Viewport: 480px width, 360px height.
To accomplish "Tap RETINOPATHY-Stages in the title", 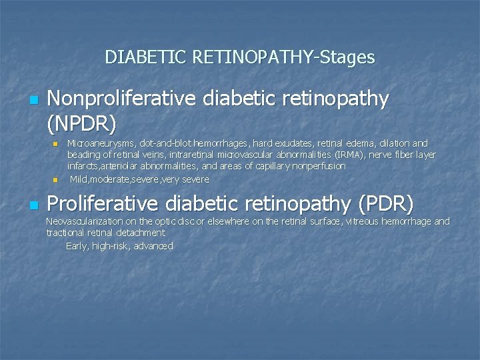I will [283, 57].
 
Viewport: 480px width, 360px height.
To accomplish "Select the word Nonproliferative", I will [122, 99].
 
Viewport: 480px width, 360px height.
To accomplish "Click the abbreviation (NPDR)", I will [82, 123].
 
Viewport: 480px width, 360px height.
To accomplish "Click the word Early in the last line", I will [77, 246].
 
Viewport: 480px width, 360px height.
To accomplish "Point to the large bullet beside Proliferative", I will [34, 205].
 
